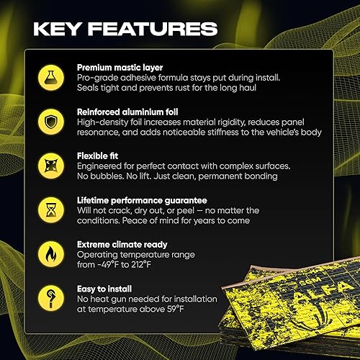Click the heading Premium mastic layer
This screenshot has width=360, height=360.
pos(119,67)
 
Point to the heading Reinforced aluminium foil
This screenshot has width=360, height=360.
pos(128,112)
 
